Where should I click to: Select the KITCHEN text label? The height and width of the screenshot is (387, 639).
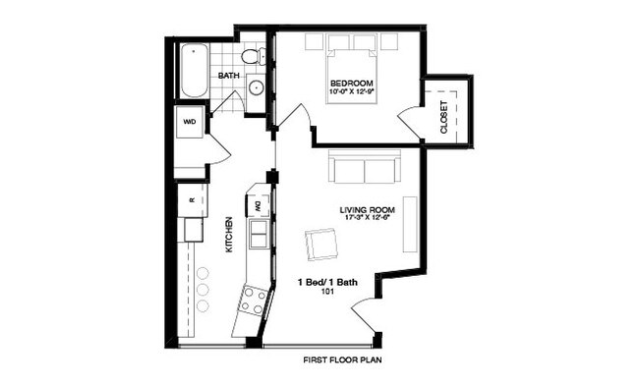[229, 235]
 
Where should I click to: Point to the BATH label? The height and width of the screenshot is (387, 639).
[228, 76]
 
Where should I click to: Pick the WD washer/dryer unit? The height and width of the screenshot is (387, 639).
[190, 124]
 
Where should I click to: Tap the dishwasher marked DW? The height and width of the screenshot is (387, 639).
[259, 204]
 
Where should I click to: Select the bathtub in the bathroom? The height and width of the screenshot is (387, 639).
[194, 68]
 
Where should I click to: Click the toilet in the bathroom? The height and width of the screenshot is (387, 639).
[251, 56]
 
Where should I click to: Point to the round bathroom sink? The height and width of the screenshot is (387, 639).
[255, 86]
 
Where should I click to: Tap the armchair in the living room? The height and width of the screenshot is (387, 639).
[319, 244]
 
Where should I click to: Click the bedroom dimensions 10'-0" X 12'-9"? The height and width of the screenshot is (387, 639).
[351, 92]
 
